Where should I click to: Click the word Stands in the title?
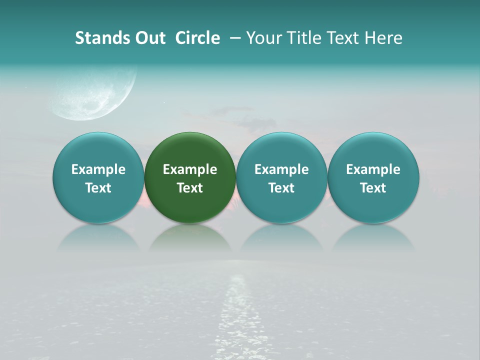[x=101, y=38]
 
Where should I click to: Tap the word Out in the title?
[x=149, y=38]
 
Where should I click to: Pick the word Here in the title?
[x=384, y=38]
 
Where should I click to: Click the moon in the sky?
[x=95, y=92]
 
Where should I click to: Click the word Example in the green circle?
[x=190, y=169]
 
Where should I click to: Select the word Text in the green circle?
[x=190, y=188]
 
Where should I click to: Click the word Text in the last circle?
[x=373, y=188]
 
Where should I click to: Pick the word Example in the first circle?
[x=98, y=169]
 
